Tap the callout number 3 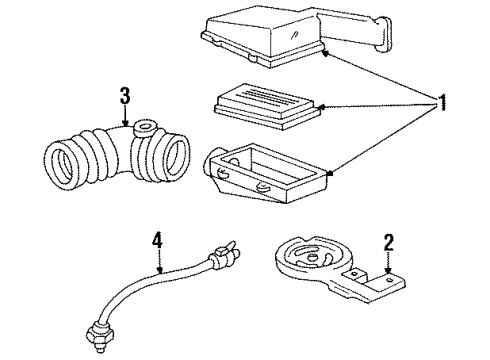pos(123,97)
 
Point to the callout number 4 pos(156,240)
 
